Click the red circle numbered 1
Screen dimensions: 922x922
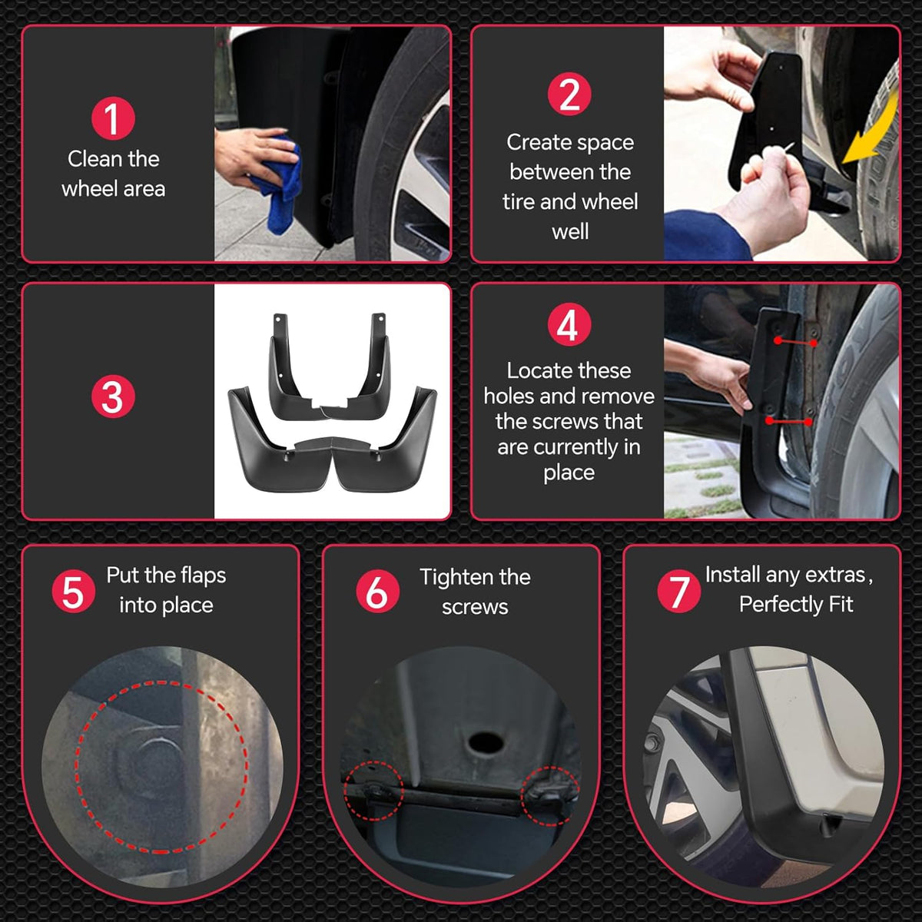point(113,118)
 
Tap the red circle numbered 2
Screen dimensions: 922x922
point(569,95)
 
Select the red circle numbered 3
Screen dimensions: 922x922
point(113,396)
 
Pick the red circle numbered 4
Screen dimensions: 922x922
point(569,324)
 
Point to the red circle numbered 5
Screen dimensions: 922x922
point(73,592)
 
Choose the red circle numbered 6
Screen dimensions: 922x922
point(377,592)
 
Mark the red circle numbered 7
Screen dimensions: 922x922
point(679,592)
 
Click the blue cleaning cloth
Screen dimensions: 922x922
point(282,184)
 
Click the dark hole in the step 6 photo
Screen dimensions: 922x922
point(486,743)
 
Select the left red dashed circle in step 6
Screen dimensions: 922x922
point(374,791)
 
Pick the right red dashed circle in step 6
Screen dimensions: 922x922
point(550,796)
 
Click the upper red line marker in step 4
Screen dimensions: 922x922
point(796,342)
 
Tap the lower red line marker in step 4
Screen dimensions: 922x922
point(788,422)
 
